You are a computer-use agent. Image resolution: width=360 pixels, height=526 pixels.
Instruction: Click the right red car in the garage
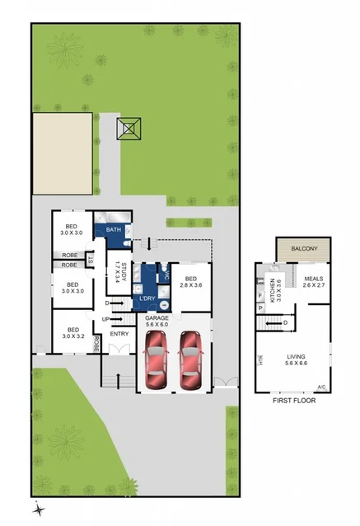click(x=190, y=360)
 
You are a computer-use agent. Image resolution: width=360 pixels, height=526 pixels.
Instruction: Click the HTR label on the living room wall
click(x=260, y=359)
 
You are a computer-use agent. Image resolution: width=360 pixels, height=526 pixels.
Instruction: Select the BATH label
click(x=114, y=230)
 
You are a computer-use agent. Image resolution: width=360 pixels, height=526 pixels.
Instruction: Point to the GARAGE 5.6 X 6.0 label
click(x=159, y=321)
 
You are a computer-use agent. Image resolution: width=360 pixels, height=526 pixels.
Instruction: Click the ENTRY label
click(x=119, y=333)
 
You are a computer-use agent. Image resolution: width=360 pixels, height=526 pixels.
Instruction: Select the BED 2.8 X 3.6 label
click(x=193, y=281)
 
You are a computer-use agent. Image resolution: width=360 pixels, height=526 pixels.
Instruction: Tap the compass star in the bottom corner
click(x=37, y=510)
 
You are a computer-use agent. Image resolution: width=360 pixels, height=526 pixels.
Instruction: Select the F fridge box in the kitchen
click(x=260, y=294)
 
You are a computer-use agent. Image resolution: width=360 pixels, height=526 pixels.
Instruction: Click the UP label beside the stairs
click(x=105, y=319)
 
